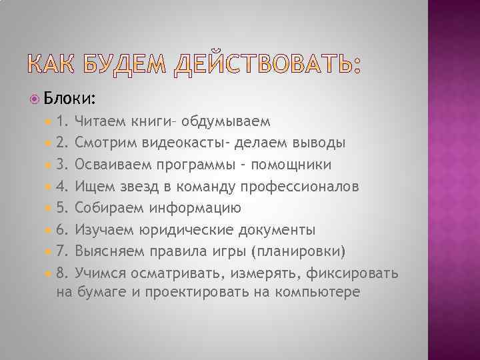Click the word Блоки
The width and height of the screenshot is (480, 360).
click(x=70, y=99)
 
